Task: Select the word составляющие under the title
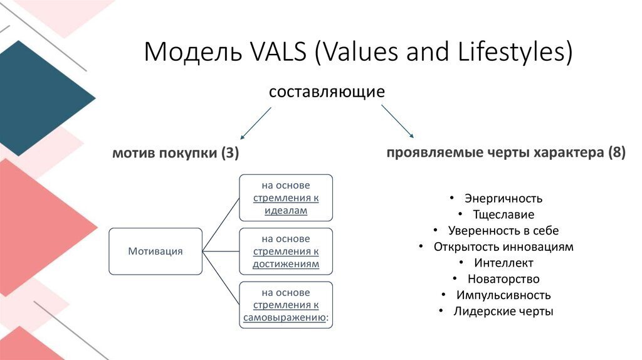pos(326,92)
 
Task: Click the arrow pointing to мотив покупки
pos(255,123)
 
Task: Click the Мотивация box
pos(155,251)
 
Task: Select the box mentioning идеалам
pos(285,198)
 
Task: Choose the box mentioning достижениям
pos(285,251)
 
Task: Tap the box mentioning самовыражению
pos(285,305)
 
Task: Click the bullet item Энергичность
pos(503,198)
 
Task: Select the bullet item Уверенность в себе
pos(503,231)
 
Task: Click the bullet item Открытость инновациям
pos(503,246)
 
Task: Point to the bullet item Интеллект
pos(503,263)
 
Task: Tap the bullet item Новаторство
pos(503,279)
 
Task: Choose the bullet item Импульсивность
pos(503,295)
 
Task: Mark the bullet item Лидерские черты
pos(503,311)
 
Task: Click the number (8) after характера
pos(616,154)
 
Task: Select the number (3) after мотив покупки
pos(229,154)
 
